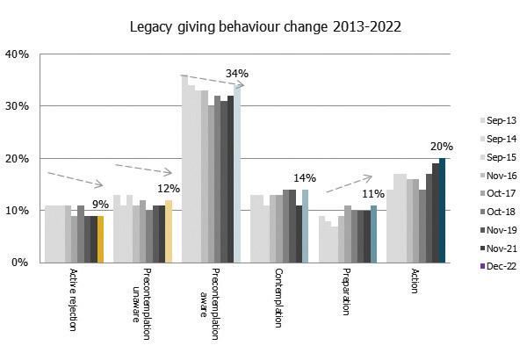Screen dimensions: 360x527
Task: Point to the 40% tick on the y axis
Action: [18, 54]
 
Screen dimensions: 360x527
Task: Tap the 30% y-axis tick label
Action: [18, 106]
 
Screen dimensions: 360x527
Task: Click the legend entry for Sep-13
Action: [501, 120]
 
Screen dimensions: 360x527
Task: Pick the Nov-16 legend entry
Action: [501, 176]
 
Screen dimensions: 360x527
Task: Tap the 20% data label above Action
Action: [442, 147]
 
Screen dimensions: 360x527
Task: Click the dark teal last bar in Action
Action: [443, 210]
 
